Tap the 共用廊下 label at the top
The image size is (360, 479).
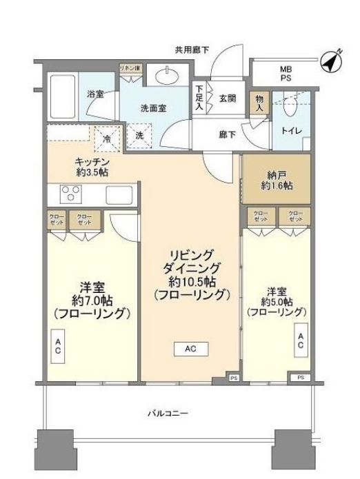(192, 50)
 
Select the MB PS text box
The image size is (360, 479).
(285, 74)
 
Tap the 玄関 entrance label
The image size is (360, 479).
(228, 99)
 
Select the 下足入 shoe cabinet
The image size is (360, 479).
(199, 99)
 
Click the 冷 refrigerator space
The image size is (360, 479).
(107, 138)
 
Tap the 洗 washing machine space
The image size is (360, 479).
(139, 136)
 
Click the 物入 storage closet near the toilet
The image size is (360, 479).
(259, 103)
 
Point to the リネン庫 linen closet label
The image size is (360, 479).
(130, 68)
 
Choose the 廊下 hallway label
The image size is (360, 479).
(227, 134)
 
